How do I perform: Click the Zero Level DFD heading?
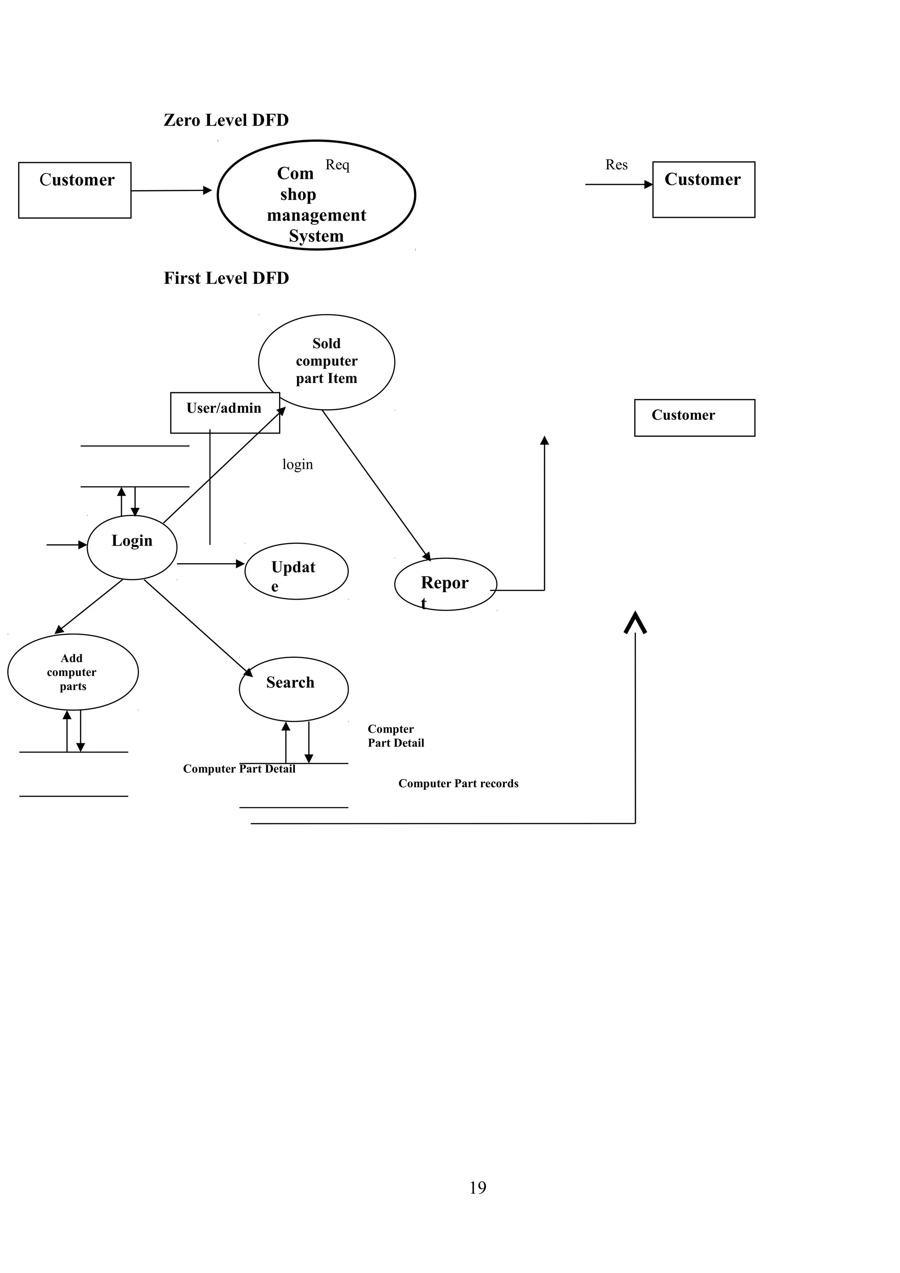point(226,120)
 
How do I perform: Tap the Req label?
point(337,165)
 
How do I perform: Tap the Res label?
point(616,165)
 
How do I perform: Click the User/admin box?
point(224,412)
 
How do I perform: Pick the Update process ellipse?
point(296,571)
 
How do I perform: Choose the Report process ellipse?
point(445,584)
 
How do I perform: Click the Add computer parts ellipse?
point(73,672)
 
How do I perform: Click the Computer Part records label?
point(458,783)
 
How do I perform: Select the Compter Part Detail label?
point(396,736)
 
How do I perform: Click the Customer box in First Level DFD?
point(694,417)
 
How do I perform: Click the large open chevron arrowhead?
point(635,622)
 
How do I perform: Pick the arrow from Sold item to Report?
point(376,485)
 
